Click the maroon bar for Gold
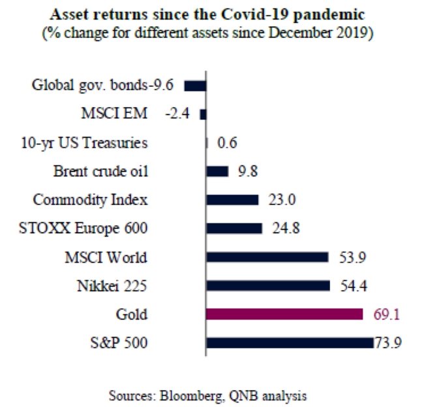click(284, 314)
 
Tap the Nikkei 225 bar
click(267, 285)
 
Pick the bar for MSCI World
click(267, 257)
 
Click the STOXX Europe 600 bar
click(234, 228)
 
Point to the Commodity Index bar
click(232, 199)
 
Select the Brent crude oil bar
click(217, 171)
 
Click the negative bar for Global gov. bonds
click(195, 86)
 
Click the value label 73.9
click(387, 342)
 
